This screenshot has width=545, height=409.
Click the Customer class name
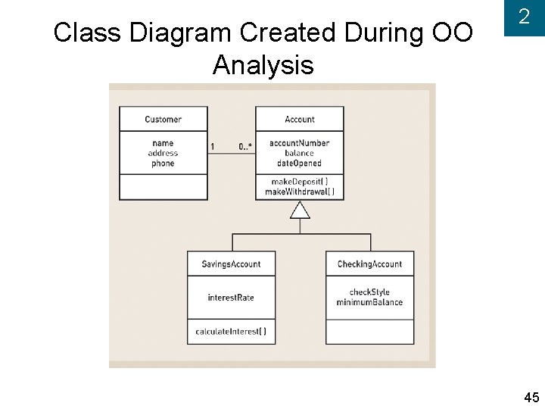click(163, 119)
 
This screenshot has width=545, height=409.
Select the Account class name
click(300, 119)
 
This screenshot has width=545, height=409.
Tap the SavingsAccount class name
click(231, 264)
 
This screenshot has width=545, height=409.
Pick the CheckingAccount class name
click(369, 264)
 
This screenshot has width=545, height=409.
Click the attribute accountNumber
click(300, 143)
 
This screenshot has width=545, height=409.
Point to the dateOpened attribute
click(300, 163)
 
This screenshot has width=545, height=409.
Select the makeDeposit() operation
click(300, 182)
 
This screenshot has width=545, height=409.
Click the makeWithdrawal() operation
click(300, 192)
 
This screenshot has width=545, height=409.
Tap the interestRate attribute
click(231, 298)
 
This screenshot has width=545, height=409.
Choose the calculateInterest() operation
click(231, 332)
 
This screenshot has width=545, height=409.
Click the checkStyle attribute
click(369, 292)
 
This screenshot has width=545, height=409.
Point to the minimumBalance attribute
click(369, 302)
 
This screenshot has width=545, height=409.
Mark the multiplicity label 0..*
click(245, 146)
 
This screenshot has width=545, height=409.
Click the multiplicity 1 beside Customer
click(213, 146)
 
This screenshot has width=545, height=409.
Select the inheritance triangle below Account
click(300, 210)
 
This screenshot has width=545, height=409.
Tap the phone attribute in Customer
click(163, 163)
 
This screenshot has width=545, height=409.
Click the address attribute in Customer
click(163, 153)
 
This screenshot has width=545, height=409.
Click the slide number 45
click(531, 398)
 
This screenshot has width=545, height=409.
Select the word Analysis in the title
click(263, 65)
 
